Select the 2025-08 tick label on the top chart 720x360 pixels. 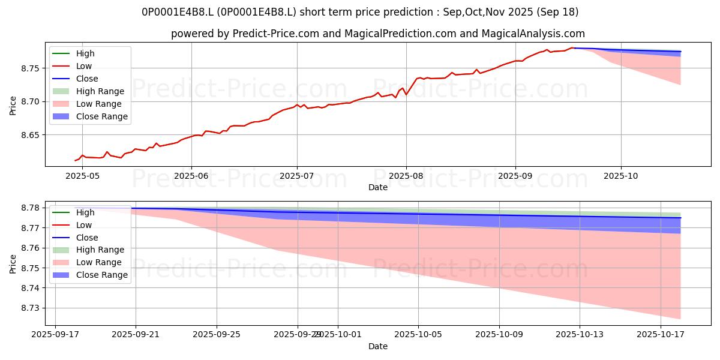pos(406,175)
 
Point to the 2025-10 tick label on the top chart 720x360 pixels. pos(621,175)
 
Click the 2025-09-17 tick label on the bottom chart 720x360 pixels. pos(55,334)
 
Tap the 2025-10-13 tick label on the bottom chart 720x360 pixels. pos(580,334)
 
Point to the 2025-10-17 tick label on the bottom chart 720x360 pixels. pos(661,334)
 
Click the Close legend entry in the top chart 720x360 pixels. pos(87,79)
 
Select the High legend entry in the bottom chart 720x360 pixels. pos(85,212)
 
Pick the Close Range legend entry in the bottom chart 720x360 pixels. pos(102,275)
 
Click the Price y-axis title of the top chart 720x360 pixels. pos(13,104)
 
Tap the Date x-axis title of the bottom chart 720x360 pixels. pos(378,346)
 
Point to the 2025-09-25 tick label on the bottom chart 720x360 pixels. pos(217,334)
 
